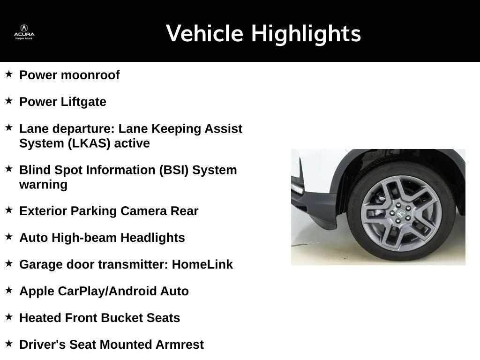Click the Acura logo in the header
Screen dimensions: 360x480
24,31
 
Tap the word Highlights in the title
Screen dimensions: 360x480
306,34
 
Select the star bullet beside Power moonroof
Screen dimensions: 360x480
9,74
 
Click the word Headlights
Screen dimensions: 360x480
153,238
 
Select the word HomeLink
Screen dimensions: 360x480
202,264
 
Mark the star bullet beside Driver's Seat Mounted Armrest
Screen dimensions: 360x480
9,344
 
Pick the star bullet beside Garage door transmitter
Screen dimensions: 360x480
9,263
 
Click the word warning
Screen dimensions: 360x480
43,184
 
